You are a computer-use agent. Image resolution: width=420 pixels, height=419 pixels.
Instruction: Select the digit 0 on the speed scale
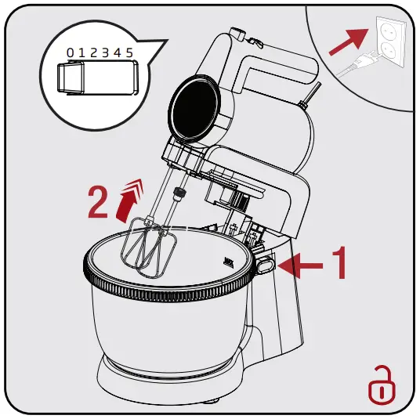click(70, 52)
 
